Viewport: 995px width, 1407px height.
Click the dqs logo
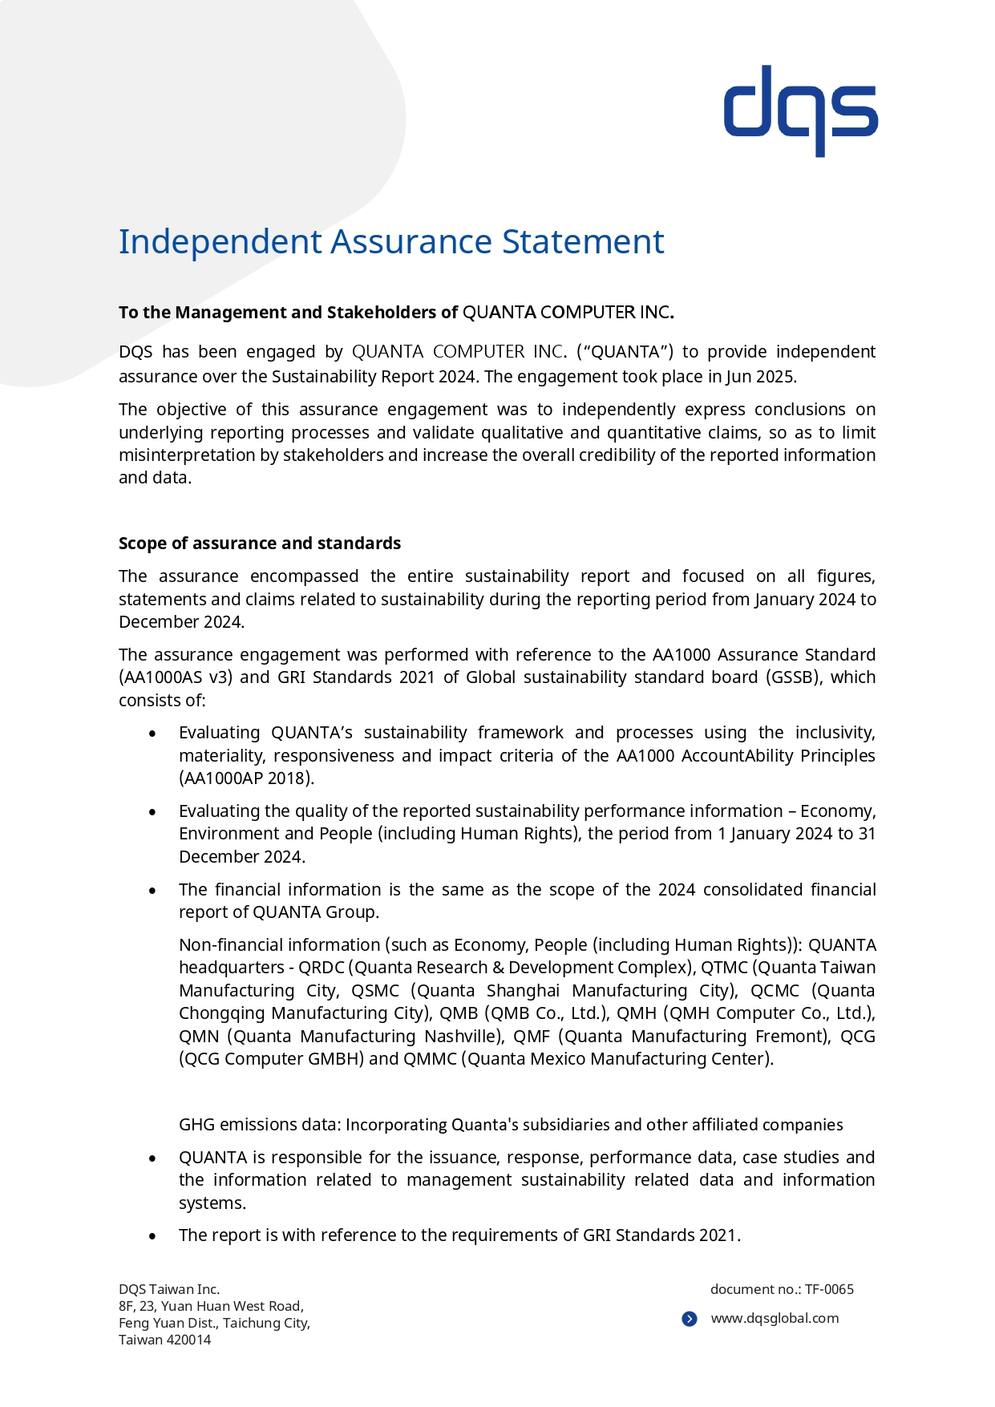pyautogui.click(x=800, y=110)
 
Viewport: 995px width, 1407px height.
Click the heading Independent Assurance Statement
pyautogui.click(x=391, y=241)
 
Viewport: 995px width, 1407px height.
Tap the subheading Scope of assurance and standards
pyautogui.click(x=259, y=544)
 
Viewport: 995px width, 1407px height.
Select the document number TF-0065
pyautogui.click(x=829, y=1289)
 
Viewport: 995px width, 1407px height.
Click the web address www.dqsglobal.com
pyautogui.click(x=775, y=1318)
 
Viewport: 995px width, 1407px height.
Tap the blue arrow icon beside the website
pyautogui.click(x=690, y=1319)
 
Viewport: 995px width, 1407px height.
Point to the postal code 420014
pyautogui.click(x=188, y=1340)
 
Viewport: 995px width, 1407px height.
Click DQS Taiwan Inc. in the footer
pyautogui.click(x=169, y=1289)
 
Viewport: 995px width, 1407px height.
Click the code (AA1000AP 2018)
pyautogui.click(x=246, y=778)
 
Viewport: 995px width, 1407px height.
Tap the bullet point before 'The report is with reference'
pyautogui.click(x=152, y=1236)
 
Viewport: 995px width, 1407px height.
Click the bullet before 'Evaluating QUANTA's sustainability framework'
pyautogui.click(x=152, y=734)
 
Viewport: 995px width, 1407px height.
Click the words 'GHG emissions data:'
pyautogui.click(x=260, y=1125)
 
